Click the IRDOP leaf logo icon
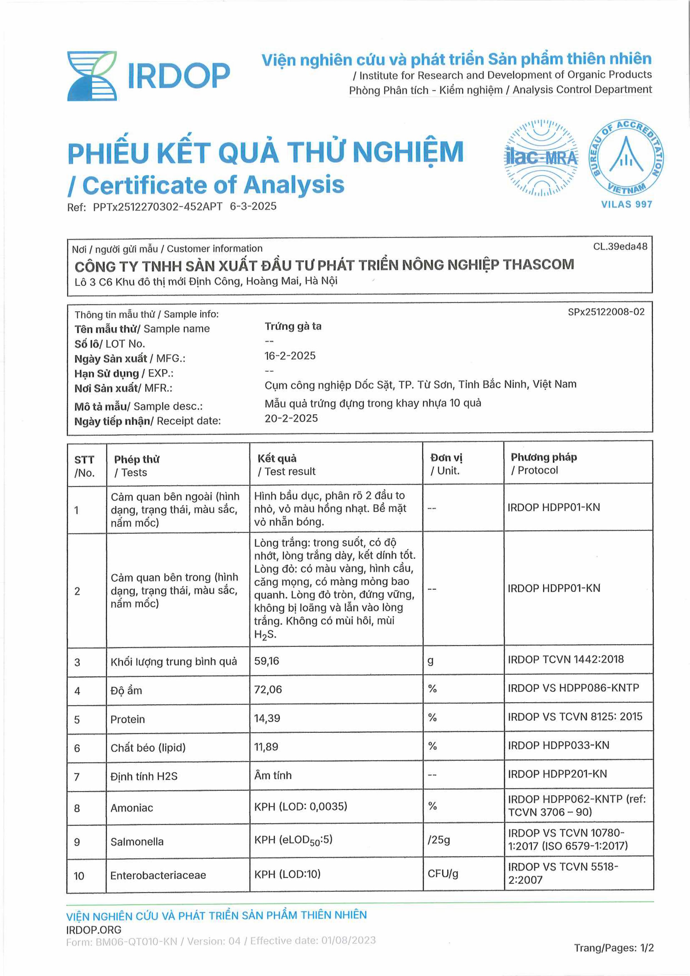click(x=92, y=76)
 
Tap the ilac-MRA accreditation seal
click(x=541, y=158)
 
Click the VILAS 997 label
click(x=626, y=204)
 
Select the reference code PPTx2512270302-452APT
click(x=158, y=207)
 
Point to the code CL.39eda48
click(x=620, y=246)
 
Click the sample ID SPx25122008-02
click(x=606, y=312)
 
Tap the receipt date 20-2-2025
click(x=291, y=418)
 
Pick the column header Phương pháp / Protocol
click(x=543, y=463)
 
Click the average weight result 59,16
click(x=267, y=661)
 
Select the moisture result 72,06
click(x=268, y=690)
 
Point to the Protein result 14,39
click(x=267, y=718)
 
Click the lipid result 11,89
click(x=266, y=747)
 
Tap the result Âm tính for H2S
click(x=273, y=775)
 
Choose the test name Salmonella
click(x=137, y=842)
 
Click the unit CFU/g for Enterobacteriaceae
click(x=443, y=874)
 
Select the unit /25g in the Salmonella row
click(x=438, y=840)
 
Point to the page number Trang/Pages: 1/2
click(x=614, y=948)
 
